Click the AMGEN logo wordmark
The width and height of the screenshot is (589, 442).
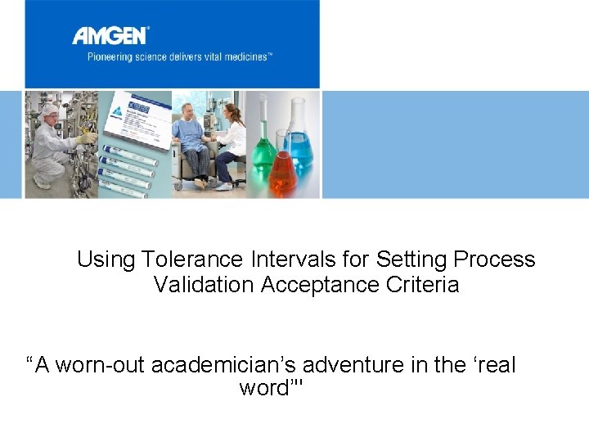pyautogui.click(x=110, y=35)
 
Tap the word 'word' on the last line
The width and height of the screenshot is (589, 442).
pyautogui.click(x=263, y=387)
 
